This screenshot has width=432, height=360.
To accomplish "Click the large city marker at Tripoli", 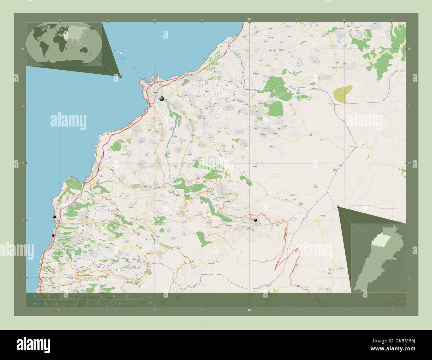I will [162, 99].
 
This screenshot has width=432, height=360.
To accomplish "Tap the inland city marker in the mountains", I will [256, 220].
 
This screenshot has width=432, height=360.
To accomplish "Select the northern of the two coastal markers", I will [54, 217].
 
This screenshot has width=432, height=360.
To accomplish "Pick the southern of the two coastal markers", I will [53, 235].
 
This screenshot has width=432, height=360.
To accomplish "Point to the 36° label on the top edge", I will [249, 19].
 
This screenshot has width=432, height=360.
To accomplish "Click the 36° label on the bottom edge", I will [249, 310].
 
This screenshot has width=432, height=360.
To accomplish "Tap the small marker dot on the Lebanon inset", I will [367, 258].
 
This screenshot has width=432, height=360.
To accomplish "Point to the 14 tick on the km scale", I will [127, 296].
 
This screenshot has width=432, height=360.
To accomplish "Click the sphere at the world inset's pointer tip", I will [120, 76].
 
